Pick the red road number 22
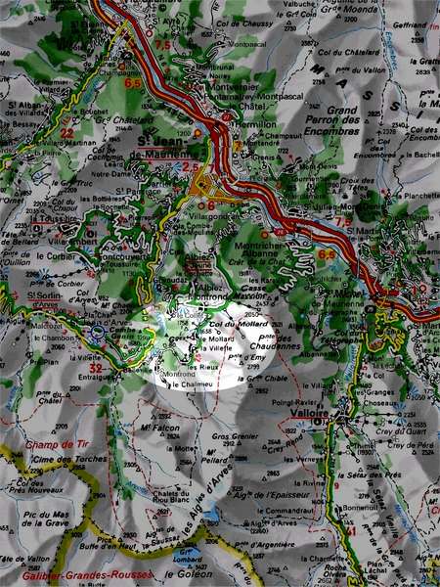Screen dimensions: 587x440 (x=66, y=132)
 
